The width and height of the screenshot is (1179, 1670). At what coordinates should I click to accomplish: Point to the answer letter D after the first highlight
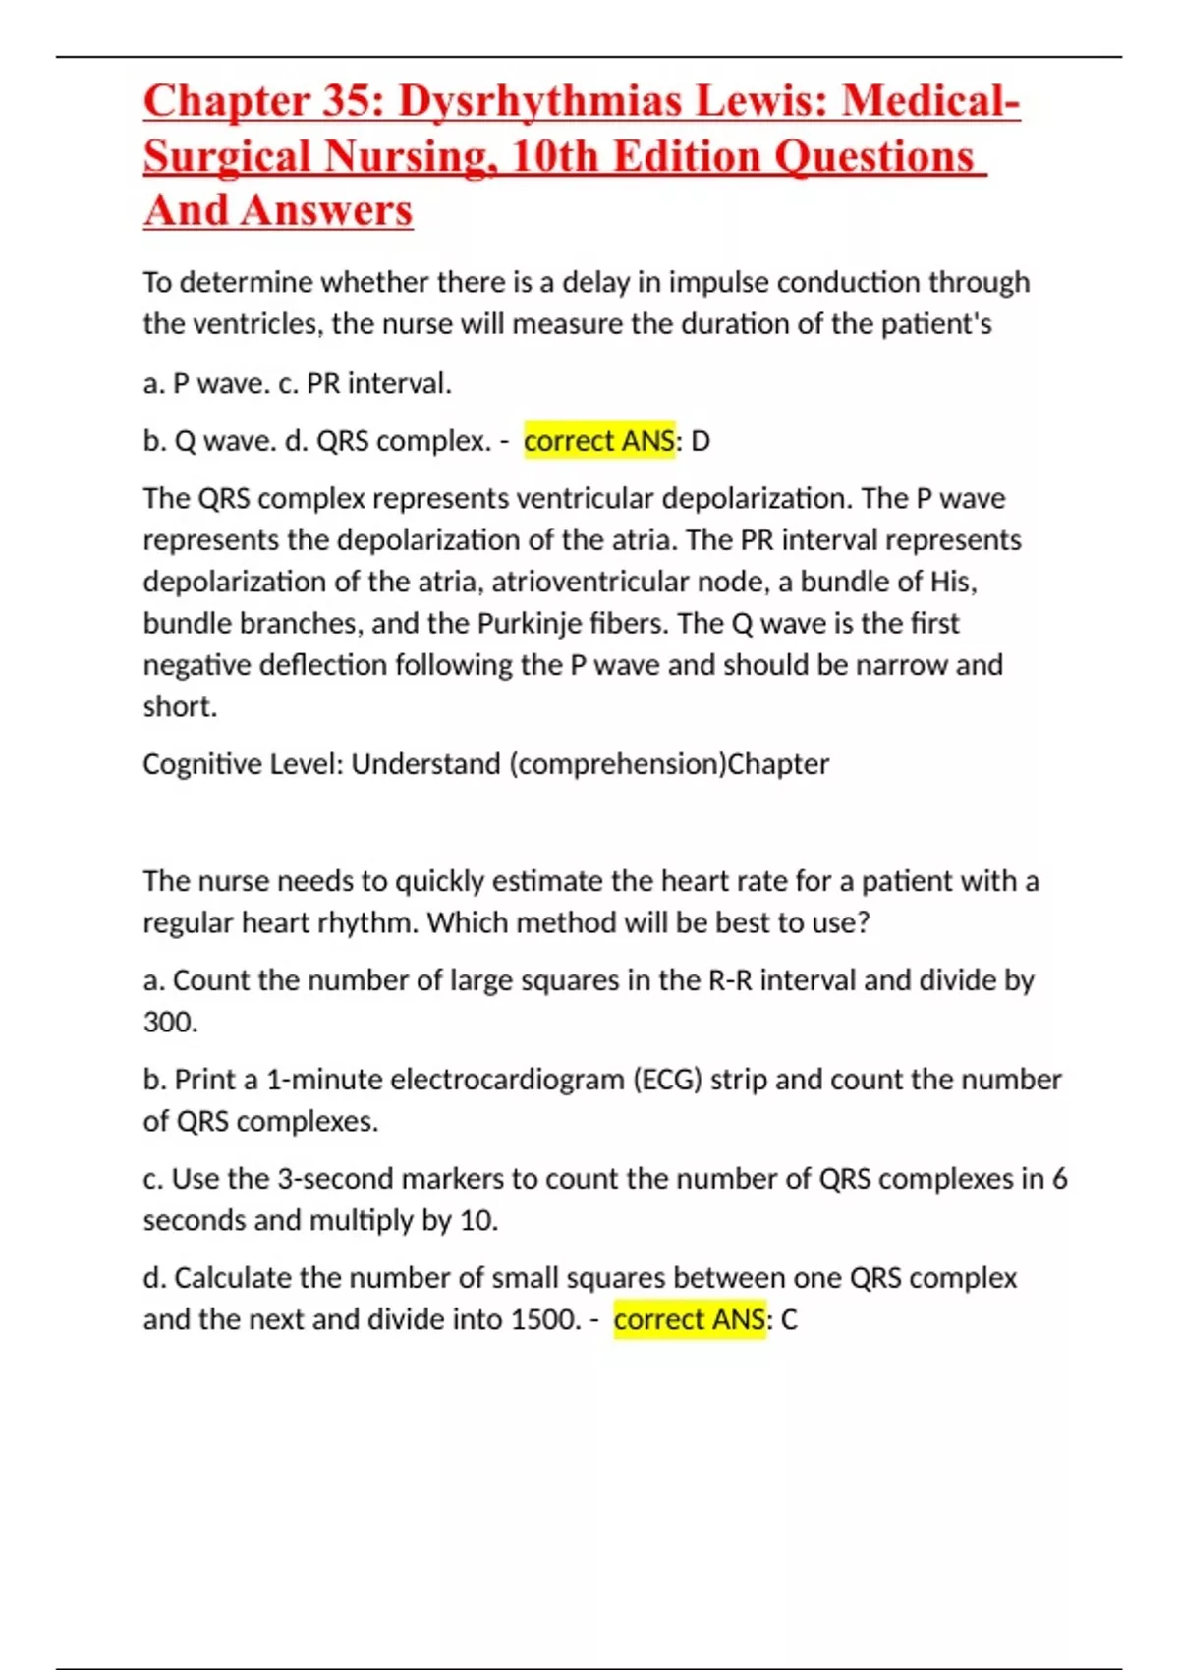pyautogui.click(x=701, y=441)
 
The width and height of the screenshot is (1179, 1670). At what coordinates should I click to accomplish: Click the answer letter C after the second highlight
pyautogui.click(x=789, y=1319)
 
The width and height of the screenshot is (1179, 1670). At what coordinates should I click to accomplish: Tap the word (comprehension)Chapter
pyautogui.click(x=669, y=764)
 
